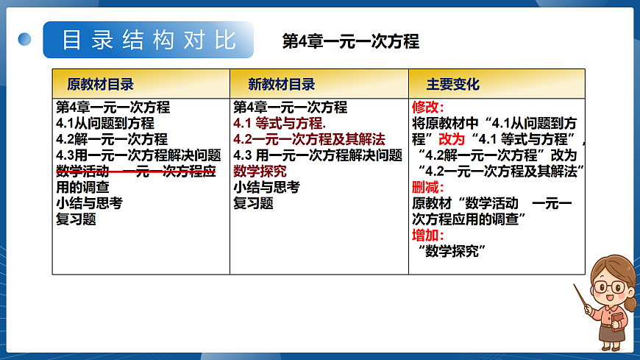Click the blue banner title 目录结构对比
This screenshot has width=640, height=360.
pos(149,39)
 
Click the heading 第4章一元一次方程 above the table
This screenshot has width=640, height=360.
pos(350,41)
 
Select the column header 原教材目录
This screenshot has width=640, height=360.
pos(100,84)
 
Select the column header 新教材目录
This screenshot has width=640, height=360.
pos(281,84)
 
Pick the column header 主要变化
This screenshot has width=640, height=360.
pos(452,84)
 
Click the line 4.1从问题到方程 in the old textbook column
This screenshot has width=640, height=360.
pos(105,123)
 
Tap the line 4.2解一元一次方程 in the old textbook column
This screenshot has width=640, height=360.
pos(112,139)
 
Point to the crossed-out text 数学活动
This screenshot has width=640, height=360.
pos(82,172)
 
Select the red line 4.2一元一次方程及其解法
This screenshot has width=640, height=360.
pos(309,139)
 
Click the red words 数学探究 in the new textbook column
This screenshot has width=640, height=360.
pos(260,172)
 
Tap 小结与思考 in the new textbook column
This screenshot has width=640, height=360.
pos(266,187)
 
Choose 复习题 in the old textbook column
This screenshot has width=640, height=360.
pos(76,219)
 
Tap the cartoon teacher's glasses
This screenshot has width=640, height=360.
pos(608,286)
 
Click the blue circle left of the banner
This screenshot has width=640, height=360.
pos(25,39)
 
